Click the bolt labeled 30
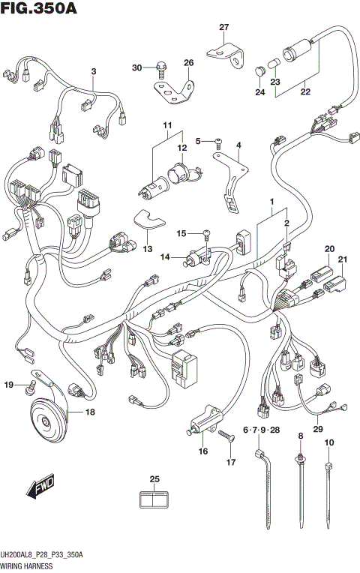(x=159, y=70)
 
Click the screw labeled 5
(x=217, y=140)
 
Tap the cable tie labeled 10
(x=328, y=495)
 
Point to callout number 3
(x=94, y=71)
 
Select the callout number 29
(x=318, y=429)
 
